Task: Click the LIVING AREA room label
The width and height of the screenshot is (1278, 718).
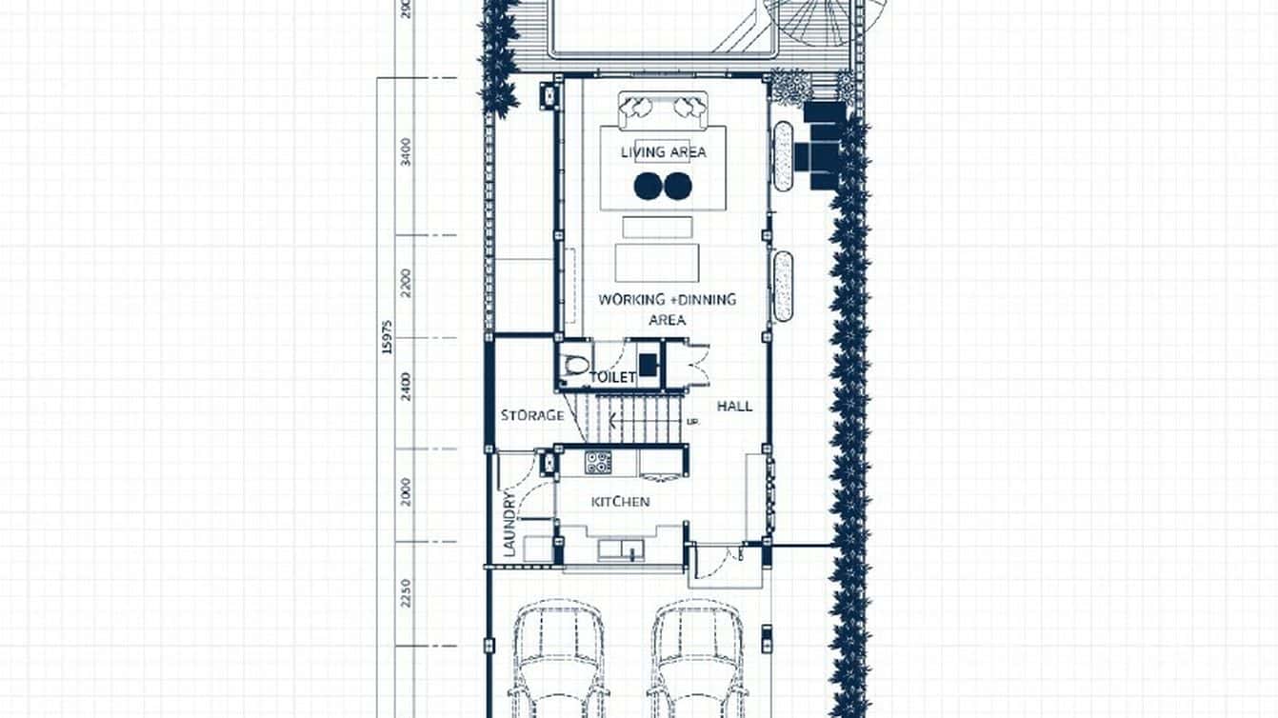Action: tap(664, 152)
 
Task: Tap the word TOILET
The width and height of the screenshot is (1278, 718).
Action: tap(612, 378)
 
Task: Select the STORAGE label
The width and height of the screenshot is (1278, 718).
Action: tap(532, 415)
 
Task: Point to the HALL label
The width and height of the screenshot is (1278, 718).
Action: tap(734, 407)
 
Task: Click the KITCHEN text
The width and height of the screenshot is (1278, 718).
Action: tap(620, 502)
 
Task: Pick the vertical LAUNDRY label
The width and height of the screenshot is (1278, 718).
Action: tap(509, 524)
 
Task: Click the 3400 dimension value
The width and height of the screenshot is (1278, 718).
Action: tap(407, 152)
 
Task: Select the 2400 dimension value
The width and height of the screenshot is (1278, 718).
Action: tap(407, 388)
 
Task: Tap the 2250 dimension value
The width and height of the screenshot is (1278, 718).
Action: tap(407, 592)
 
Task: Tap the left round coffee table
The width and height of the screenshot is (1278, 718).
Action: tap(649, 187)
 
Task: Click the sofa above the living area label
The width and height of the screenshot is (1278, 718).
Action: tap(663, 109)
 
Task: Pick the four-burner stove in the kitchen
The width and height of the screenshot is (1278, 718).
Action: tap(598, 463)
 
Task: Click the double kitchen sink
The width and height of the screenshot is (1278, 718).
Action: tap(620, 549)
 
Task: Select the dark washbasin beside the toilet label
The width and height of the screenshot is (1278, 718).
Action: tap(648, 364)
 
